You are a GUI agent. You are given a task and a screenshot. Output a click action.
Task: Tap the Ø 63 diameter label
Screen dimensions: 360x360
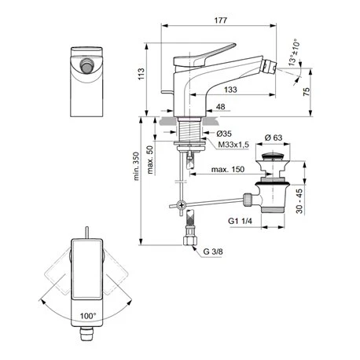coord(274,137)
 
